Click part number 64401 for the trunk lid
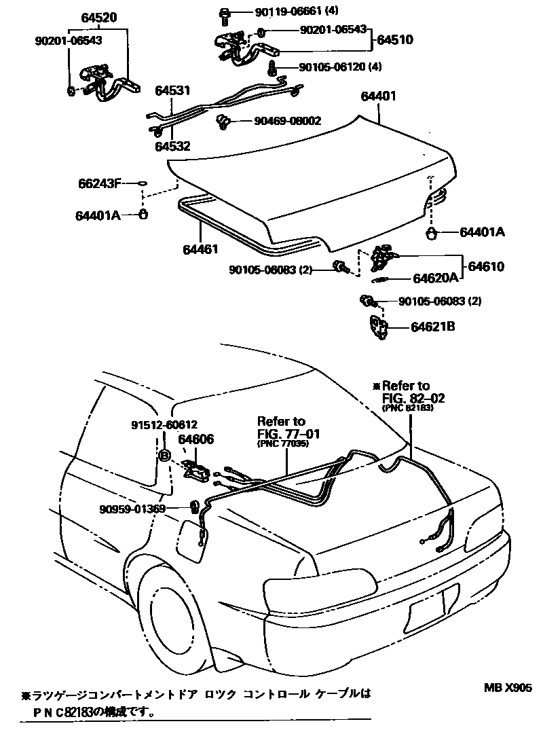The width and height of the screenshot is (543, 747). (378, 97)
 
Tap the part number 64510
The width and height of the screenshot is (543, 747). (394, 41)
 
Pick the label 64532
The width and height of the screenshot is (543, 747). (172, 145)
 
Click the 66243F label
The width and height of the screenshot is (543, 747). (99, 183)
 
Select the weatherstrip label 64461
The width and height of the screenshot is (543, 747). (200, 249)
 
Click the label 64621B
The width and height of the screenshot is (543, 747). (432, 327)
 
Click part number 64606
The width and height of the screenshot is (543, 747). (196, 439)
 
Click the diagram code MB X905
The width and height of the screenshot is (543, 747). (508, 687)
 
